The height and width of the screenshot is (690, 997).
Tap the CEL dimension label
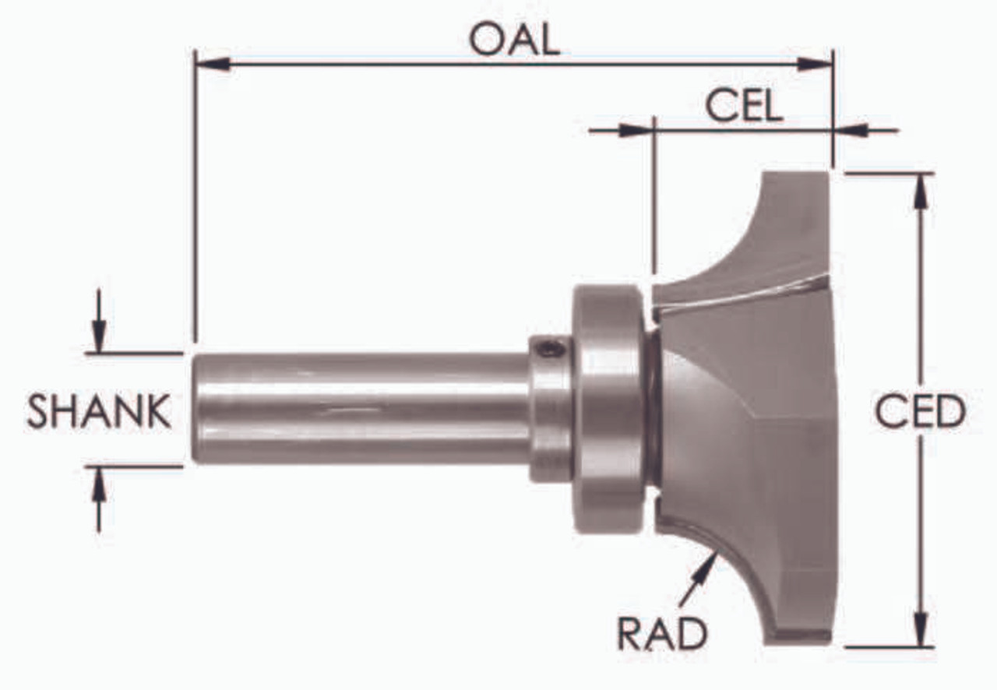tap(744, 106)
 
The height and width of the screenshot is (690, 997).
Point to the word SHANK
tap(99, 411)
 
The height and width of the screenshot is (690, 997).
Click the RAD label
tap(662, 635)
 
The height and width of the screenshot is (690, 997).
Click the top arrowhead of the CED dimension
tap(921, 192)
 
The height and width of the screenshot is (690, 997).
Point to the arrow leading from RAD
tap(698, 576)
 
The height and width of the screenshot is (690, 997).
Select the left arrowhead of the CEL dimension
tap(636, 130)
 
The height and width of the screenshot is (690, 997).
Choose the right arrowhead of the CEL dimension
tap(852, 130)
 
